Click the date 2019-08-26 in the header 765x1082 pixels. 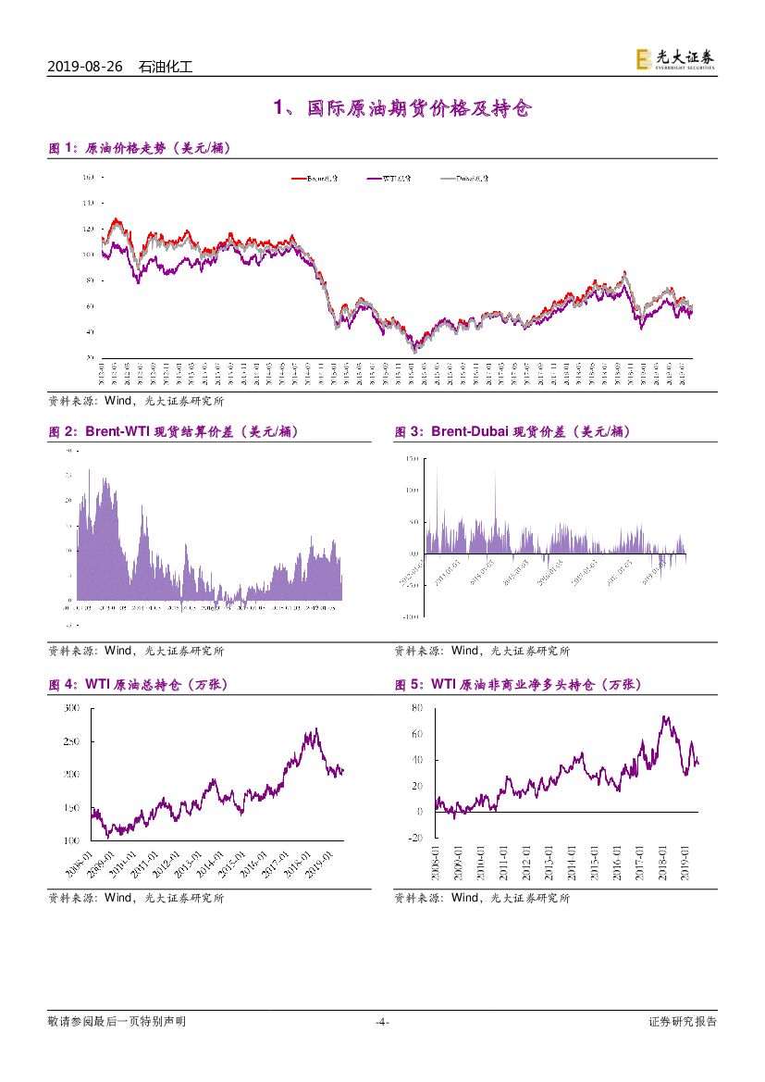click(x=85, y=67)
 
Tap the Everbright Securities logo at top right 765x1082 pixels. click(x=675, y=59)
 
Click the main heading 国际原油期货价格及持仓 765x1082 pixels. click(x=402, y=109)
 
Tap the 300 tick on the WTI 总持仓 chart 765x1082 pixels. click(x=72, y=708)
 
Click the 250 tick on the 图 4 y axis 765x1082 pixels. click(x=72, y=741)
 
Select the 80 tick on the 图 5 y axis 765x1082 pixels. click(x=417, y=708)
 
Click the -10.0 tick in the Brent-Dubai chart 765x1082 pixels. click(x=413, y=616)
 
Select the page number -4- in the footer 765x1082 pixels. click(x=382, y=1022)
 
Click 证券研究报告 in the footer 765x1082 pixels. click(x=683, y=1022)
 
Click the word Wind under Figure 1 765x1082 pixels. click(x=118, y=402)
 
